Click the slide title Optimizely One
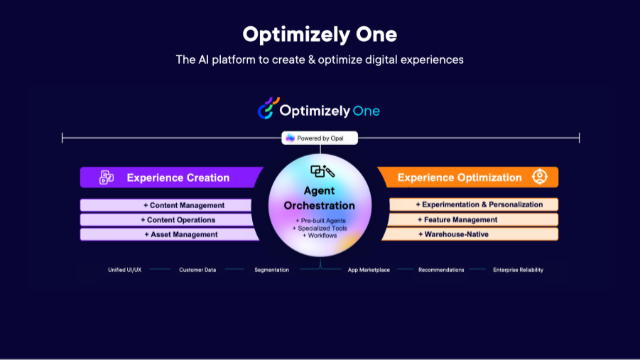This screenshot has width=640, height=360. tap(320, 34)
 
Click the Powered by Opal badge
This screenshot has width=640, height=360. tap(320, 138)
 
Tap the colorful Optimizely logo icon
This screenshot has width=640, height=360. tap(269, 108)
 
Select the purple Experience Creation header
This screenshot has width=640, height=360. tap(171, 177)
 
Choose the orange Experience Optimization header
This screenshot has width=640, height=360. tap(468, 177)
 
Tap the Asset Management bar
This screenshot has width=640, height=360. tap(169, 234)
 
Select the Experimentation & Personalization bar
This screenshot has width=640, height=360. tap(474, 204)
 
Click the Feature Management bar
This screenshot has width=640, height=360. tap(472, 219)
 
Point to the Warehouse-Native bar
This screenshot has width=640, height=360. tap(470, 234)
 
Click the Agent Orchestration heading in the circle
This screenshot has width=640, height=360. tap(319, 198)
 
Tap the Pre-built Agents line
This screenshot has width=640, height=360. tap(320, 221)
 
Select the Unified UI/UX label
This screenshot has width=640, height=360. tap(124, 270)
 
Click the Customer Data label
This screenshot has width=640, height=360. tap(197, 270)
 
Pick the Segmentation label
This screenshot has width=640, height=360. tap(272, 270)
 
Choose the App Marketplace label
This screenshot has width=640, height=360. tap(369, 270)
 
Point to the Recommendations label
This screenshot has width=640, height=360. tap(441, 270)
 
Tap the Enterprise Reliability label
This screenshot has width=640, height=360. tap(518, 270)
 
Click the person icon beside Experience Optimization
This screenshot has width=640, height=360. tap(540, 177)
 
